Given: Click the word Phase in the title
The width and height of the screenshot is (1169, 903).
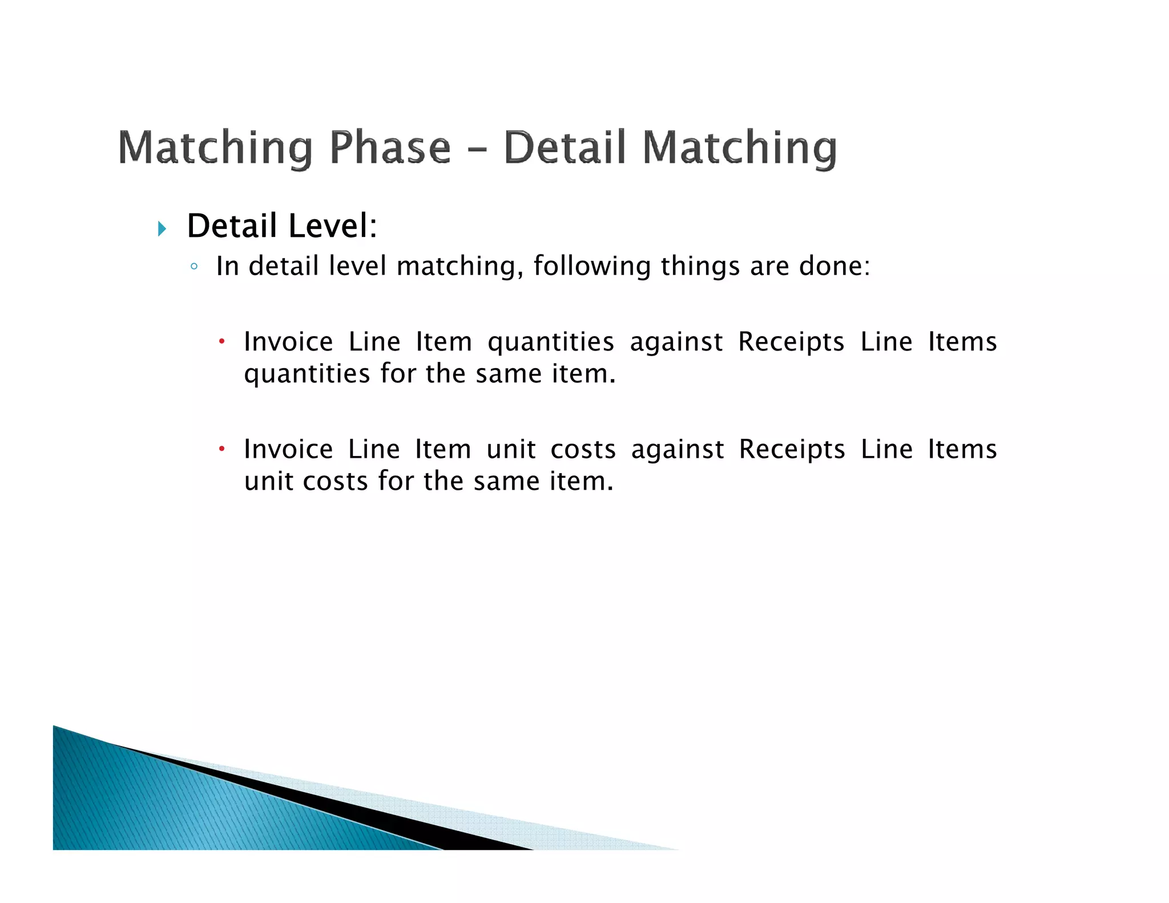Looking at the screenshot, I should click(390, 147).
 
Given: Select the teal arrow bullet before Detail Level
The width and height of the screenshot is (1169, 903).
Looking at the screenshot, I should click(162, 229).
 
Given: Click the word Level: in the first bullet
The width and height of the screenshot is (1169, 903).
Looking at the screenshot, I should click(333, 225).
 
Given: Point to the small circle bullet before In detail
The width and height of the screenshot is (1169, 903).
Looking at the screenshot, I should click(194, 267).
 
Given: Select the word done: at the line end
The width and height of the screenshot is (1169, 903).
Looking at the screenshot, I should click(835, 266).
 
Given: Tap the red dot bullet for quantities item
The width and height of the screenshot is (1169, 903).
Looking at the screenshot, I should click(222, 342).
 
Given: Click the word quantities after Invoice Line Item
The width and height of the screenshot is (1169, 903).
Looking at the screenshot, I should click(550, 342).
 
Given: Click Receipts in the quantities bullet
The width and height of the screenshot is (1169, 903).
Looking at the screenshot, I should click(791, 342).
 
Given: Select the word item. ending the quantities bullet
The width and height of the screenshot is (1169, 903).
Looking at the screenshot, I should click(583, 374).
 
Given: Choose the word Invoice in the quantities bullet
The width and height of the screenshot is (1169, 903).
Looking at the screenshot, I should click(288, 342).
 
